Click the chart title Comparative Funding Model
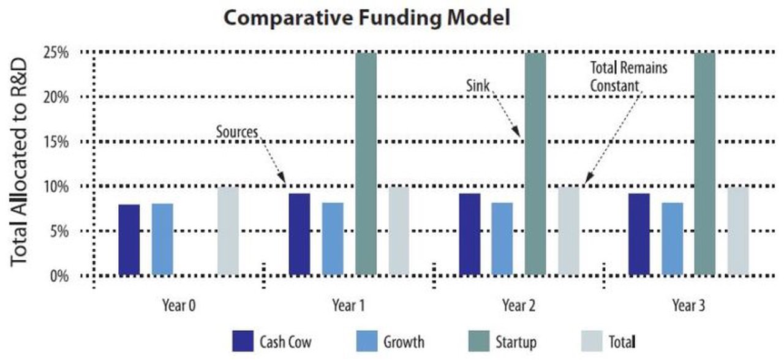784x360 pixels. coord(366,18)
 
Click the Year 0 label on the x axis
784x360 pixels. coord(179,305)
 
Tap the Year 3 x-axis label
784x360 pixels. coord(688,305)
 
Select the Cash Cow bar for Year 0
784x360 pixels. coord(129,239)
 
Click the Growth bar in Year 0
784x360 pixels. coord(162,239)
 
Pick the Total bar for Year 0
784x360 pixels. coord(228,231)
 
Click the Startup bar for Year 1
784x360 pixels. coord(366,164)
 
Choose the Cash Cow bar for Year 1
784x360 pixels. coord(299,234)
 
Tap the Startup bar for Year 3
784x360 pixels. coord(704,164)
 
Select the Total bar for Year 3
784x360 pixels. coord(737,231)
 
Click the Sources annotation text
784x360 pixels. coord(236,131)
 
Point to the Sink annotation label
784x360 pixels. coord(478,86)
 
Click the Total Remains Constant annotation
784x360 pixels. coord(628,77)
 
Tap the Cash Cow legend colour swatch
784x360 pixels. coord(243,340)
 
